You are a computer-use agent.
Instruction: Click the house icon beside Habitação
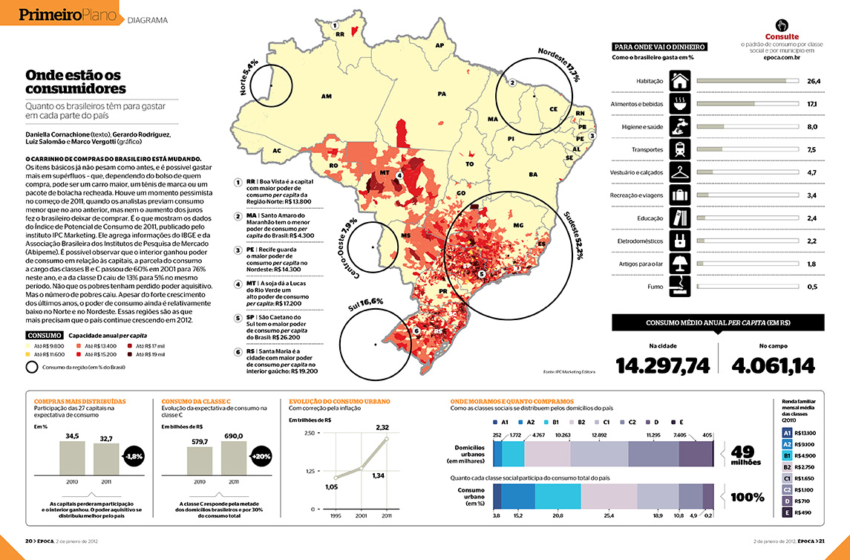680,80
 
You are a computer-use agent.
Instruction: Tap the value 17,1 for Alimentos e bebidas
812,104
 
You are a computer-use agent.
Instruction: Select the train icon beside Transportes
680,149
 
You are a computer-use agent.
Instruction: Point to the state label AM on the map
326,97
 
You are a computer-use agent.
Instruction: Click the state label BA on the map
532,175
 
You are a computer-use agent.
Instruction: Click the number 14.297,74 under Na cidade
663,365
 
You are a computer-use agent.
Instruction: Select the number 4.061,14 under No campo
773,365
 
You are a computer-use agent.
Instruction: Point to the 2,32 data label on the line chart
382,427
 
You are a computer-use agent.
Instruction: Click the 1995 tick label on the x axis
336,515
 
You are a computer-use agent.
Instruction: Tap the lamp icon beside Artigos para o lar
680,264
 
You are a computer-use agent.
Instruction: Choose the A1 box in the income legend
787,433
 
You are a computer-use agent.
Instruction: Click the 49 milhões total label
746,455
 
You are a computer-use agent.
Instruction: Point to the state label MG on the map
519,224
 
